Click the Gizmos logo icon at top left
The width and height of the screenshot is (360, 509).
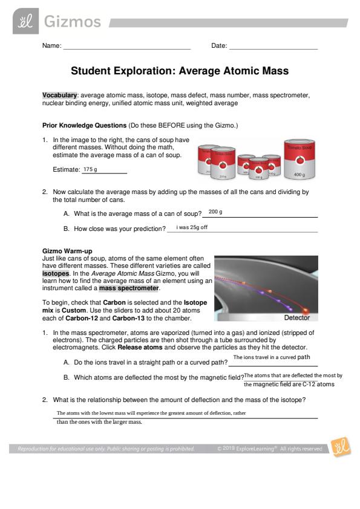[x=25, y=21]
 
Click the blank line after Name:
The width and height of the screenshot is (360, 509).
[x=126, y=49]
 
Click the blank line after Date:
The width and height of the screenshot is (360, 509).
[x=273, y=49]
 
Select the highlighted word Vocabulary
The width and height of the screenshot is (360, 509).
[x=59, y=95]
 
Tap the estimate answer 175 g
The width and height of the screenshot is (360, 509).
[x=90, y=169]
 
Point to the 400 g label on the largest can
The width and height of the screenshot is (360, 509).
[x=299, y=175]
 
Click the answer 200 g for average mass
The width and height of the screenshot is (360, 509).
[x=215, y=212]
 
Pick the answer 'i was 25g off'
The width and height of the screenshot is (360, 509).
[x=192, y=227]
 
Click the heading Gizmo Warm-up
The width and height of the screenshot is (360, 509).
[x=67, y=251]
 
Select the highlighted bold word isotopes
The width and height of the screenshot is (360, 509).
[x=56, y=273]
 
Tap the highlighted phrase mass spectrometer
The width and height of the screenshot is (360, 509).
[x=129, y=288]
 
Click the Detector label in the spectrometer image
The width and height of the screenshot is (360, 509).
[x=296, y=317]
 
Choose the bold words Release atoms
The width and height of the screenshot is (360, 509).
[x=140, y=347]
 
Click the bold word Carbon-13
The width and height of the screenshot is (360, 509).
[x=128, y=318]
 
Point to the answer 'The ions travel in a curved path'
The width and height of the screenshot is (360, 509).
[x=272, y=357]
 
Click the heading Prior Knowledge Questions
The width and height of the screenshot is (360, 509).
[x=85, y=125]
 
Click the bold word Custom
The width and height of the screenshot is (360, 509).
[x=74, y=310]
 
